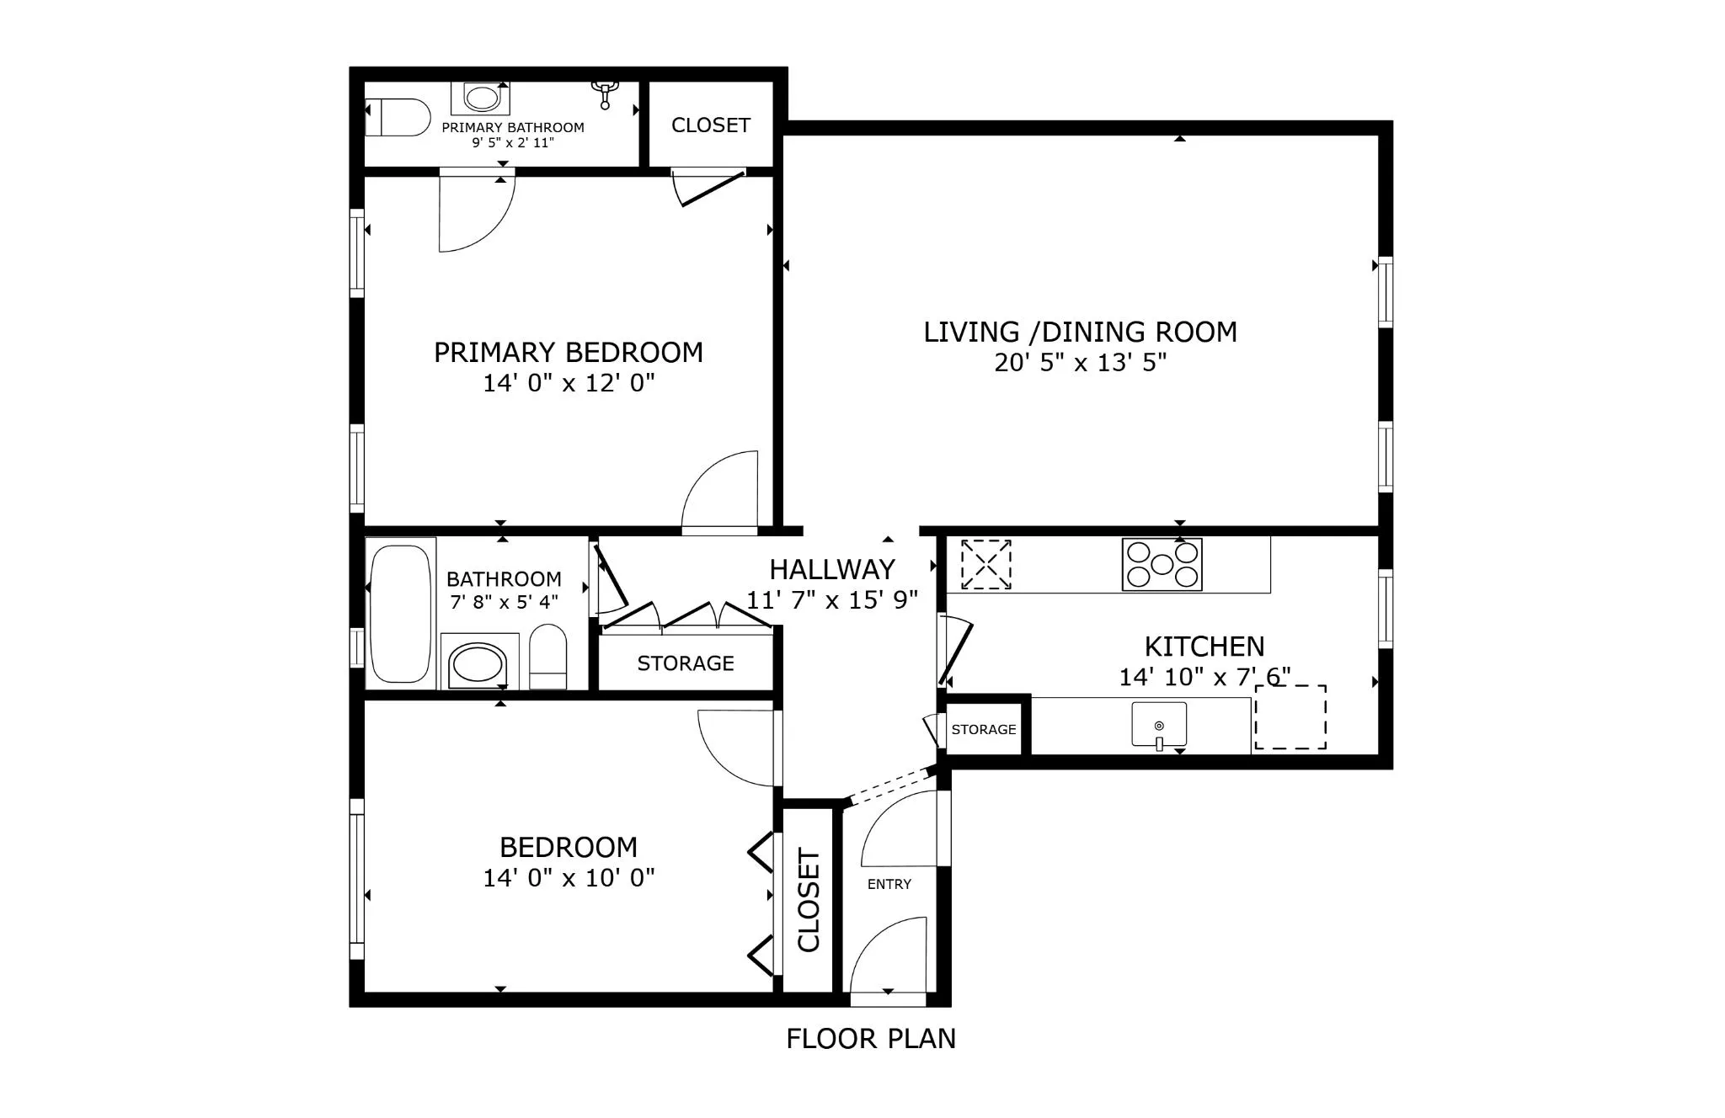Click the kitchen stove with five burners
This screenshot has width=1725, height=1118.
(x=1162, y=564)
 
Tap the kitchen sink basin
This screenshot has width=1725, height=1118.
(x=1159, y=724)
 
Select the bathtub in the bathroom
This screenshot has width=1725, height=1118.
(x=400, y=614)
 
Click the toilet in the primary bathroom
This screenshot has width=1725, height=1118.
(x=398, y=117)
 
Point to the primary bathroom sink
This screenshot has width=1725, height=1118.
(x=481, y=98)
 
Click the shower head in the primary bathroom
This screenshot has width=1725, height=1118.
(x=605, y=93)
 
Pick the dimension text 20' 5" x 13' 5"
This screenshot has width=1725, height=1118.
(x=1080, y=363)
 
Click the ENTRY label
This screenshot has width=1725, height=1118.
(x=889, y=884)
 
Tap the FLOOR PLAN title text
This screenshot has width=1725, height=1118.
(x=871, y=1039)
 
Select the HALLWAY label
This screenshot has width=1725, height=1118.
(x=831, y=570)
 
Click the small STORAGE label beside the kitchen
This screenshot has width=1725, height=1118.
(x=983, y=730)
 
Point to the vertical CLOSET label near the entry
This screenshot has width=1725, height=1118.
(x=808, y=901)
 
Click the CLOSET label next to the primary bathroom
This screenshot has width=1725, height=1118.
(x=710, y=125)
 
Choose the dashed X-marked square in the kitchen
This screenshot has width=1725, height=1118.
(x=985, y=564)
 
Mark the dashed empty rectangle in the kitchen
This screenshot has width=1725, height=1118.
(x=1290, y=717)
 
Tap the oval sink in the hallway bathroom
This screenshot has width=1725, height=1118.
(x=478, y=664)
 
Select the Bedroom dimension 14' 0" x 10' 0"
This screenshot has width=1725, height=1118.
(x=569, y=878)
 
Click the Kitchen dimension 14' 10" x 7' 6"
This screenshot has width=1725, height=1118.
(x=1204, y=677)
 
